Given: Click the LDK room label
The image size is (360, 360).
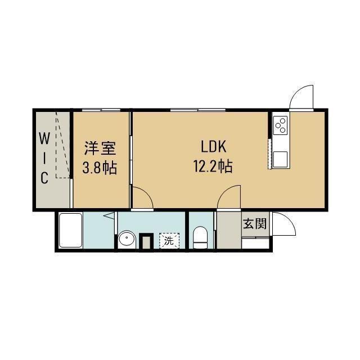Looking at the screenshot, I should click(x=213, y=147).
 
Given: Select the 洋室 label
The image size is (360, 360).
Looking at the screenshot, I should click(x=100, y=148).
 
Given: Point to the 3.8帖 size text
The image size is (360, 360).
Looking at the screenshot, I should click(x=100, y=168).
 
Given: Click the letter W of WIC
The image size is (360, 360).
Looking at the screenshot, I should click(x=44, y=137).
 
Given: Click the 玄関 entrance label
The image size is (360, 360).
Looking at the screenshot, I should click(x=254, y=224).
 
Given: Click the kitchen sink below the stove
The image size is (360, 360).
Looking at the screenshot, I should click(x=280, y=159).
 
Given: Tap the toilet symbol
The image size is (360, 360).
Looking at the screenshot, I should click(x=200, y=237).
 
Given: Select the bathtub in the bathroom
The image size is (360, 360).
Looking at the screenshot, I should click(x=70, y=231).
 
